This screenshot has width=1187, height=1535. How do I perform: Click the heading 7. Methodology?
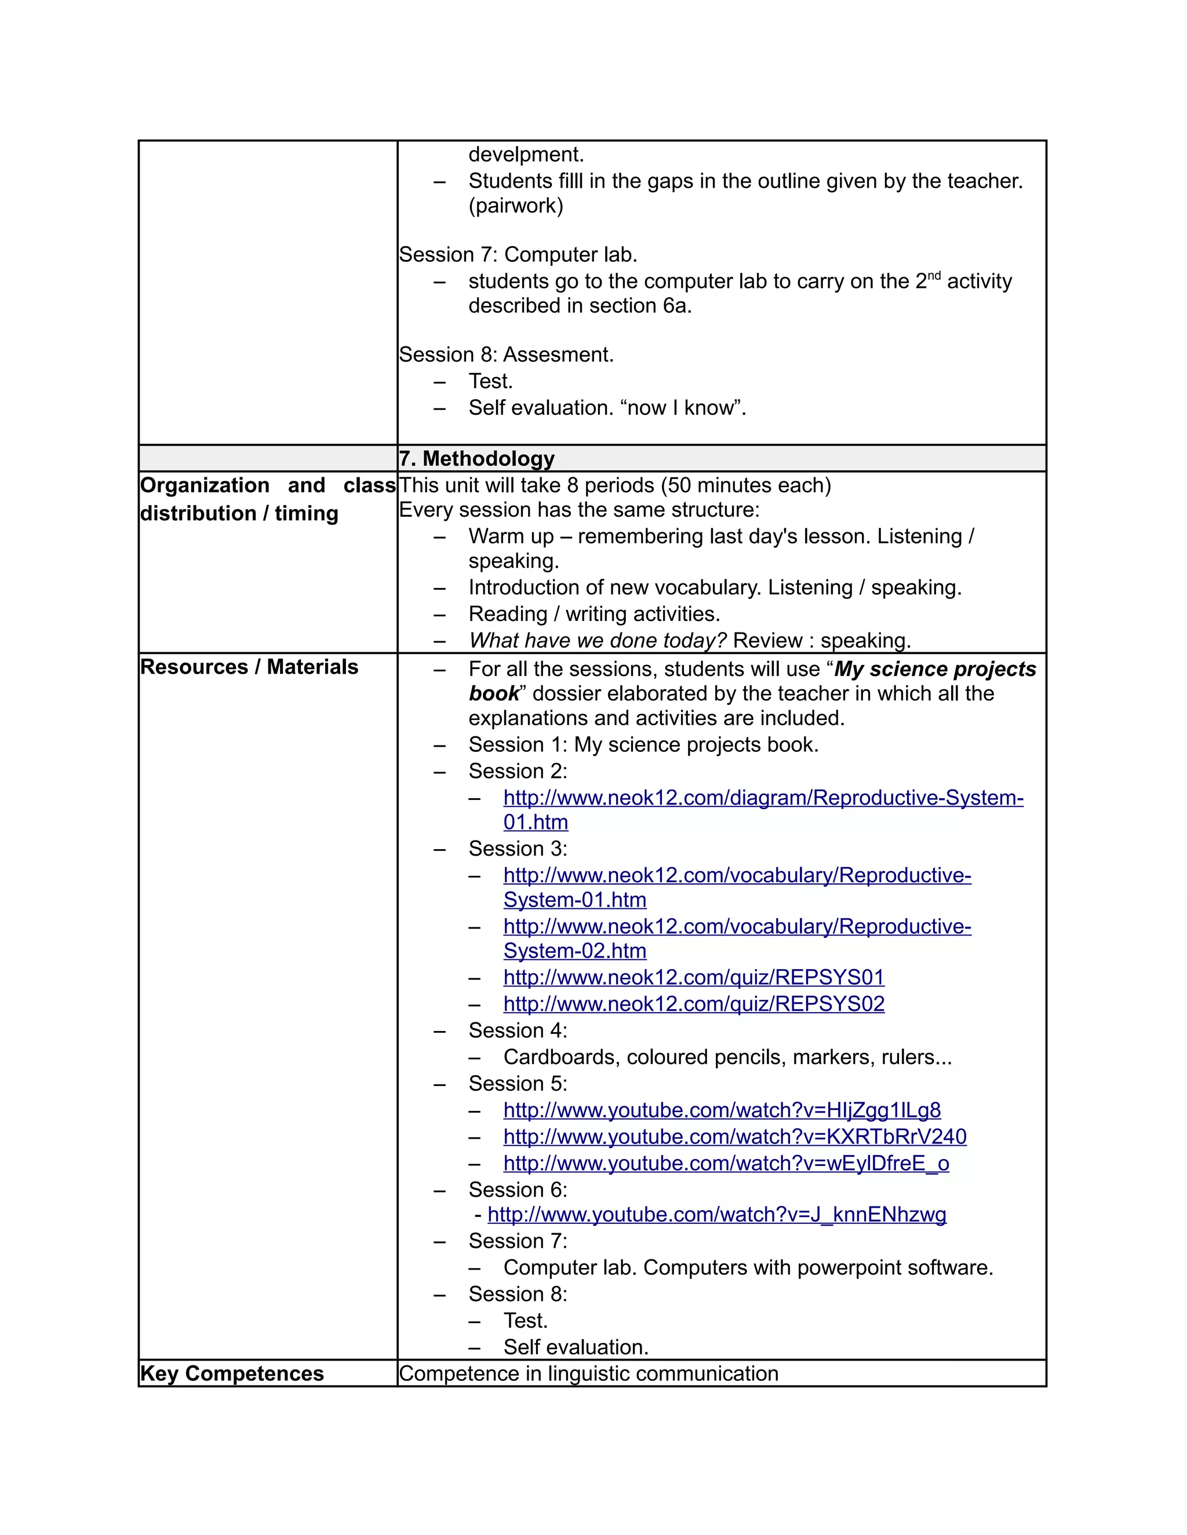pos(477,458)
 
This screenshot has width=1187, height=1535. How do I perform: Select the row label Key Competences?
pos(231,1373)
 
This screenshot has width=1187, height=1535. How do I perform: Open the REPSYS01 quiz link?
pos(693,977)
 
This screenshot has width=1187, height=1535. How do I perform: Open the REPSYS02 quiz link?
pos(693,1004)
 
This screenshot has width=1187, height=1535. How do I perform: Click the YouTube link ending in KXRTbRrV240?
pos(735,1136)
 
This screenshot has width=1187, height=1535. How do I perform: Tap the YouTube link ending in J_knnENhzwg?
pos(716,1215)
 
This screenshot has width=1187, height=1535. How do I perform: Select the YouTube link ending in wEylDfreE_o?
pos(726,1163)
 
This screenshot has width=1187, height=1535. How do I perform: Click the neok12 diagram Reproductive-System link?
pos(763,798)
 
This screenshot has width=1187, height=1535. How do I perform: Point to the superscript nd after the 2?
pos(934,276)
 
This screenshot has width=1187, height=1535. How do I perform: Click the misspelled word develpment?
pos(526,154)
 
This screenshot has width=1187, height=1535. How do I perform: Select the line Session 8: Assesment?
pos(507,354)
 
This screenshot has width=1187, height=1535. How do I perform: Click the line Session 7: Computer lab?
pos(518,254)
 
